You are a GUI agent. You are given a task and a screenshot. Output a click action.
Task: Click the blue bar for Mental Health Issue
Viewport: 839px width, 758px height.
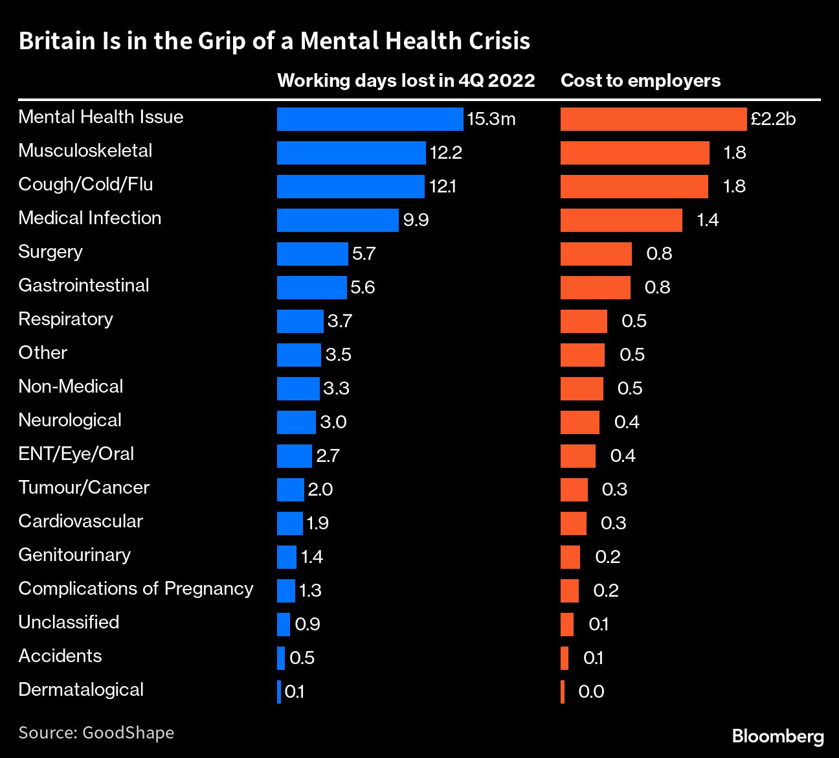click(370, 119)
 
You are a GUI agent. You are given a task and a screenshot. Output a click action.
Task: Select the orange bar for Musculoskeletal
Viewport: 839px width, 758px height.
click(634, 153)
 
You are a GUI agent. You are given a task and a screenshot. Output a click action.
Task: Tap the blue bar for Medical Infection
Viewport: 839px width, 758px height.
click(337, 220)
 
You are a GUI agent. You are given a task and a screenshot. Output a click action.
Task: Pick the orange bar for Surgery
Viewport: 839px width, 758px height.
click(596, 254)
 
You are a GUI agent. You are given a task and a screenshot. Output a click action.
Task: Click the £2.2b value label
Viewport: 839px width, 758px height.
click(773, 119)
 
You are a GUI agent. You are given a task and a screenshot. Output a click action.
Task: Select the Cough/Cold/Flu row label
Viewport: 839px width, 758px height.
click(85, 185)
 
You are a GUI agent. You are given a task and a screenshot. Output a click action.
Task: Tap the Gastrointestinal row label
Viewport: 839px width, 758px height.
click(84, 286)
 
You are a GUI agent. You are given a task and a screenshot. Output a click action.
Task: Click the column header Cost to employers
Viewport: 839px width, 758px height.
click(640, 80)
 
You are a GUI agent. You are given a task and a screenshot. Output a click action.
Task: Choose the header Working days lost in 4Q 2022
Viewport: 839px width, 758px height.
click(406, 80)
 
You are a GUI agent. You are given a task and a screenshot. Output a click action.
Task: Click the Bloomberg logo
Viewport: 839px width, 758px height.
click(777, 737)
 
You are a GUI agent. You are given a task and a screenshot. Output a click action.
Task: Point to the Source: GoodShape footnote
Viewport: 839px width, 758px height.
click(96, 733)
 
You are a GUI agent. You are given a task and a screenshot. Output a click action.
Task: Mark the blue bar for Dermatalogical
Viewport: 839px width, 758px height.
click(279, 692)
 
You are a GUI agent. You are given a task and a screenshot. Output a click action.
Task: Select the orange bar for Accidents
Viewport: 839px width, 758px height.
click(565, 658)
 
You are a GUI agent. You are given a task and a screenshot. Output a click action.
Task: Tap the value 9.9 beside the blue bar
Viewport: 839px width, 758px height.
click(416, 220)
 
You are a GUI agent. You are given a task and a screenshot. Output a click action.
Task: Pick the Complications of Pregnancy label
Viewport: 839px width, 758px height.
click(136, 589)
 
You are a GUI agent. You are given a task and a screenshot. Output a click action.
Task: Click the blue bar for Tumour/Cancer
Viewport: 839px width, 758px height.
click(290, 490)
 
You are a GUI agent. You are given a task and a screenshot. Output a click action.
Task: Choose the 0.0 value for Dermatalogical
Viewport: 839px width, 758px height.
click(591, 692)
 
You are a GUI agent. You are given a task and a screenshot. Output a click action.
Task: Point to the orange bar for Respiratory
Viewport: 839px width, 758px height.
click(583, 321)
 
